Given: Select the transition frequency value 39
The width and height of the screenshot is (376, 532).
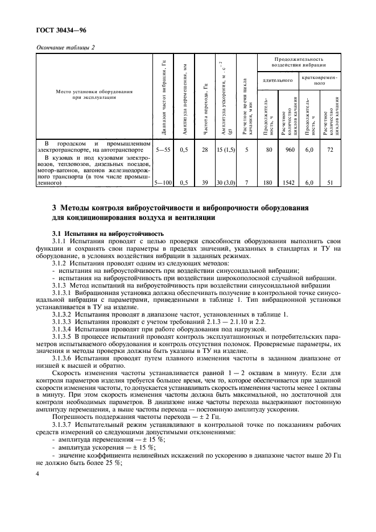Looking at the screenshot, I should click(x=205, y=184).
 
